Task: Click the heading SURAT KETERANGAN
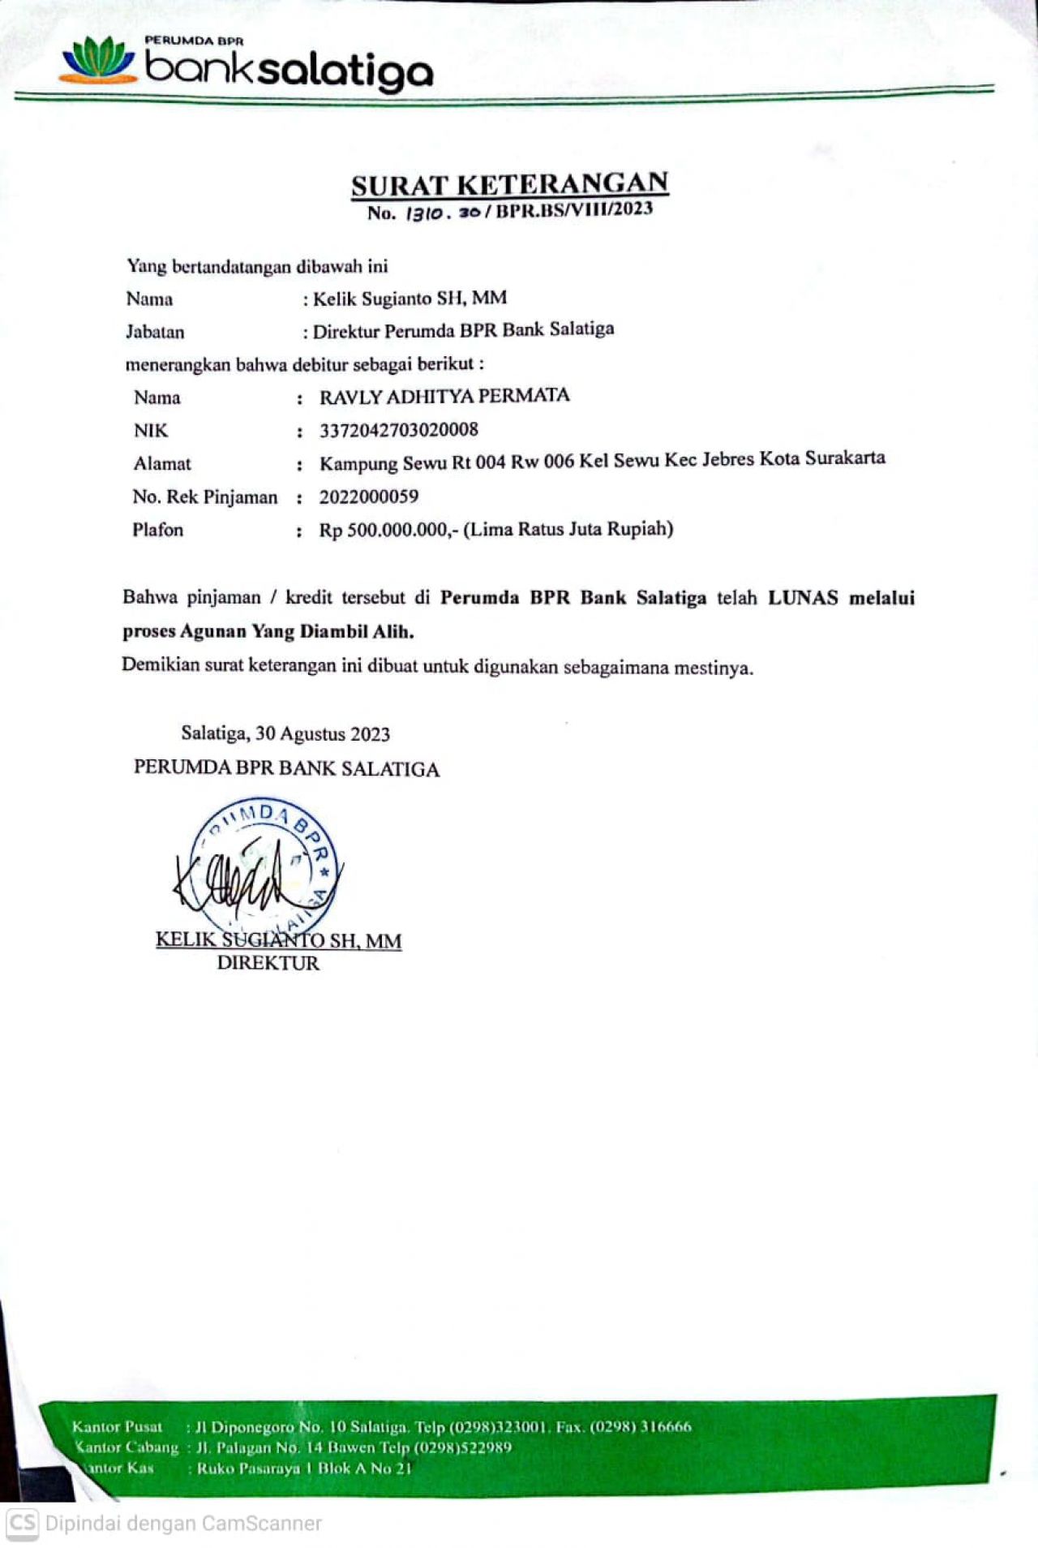coord(509,185)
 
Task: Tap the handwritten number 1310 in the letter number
coord(425,213)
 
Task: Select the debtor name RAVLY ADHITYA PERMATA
coord(444,397)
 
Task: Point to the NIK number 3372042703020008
coord(398,430)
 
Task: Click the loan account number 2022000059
coord(368,497)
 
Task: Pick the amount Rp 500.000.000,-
coord(388,530)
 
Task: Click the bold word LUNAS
coord(803,598)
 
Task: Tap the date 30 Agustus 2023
coord(322,734)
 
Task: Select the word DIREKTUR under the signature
coord(268,964)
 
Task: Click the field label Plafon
coord(157,530)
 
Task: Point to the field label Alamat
coord(162,464)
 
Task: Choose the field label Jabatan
coord(155,332)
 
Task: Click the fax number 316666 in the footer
coord(666,1427)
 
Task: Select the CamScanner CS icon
coord(22,1523)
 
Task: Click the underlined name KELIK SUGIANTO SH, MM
coord(278,941)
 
